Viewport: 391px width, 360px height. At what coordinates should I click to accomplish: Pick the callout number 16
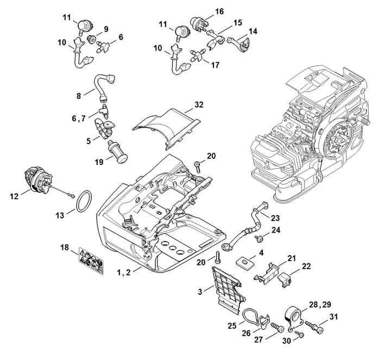(204, 11)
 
